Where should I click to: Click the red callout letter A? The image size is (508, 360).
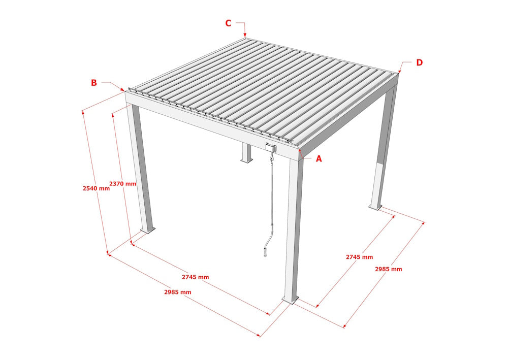point(319,159)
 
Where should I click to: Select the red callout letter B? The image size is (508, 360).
point(94,83)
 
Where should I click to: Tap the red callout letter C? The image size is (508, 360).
point(229,23)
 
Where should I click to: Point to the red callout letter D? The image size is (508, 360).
point(419,62)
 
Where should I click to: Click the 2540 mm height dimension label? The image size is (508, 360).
point(96,188)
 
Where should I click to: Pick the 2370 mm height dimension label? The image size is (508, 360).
point(122,184)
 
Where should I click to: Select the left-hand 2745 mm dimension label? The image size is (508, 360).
point(196,277)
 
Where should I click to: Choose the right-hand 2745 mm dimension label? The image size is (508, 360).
point(360,257)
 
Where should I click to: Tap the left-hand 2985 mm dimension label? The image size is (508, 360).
point(178,292)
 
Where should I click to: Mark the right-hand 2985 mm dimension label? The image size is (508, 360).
point(389,269)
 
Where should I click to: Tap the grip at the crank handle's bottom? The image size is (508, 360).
point(266,251)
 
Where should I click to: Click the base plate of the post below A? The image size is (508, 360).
point(290,301)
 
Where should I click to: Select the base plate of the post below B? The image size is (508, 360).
point(148,230)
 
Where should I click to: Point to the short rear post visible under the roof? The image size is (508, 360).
point(246,153)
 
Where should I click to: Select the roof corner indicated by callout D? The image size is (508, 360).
point(398,73)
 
